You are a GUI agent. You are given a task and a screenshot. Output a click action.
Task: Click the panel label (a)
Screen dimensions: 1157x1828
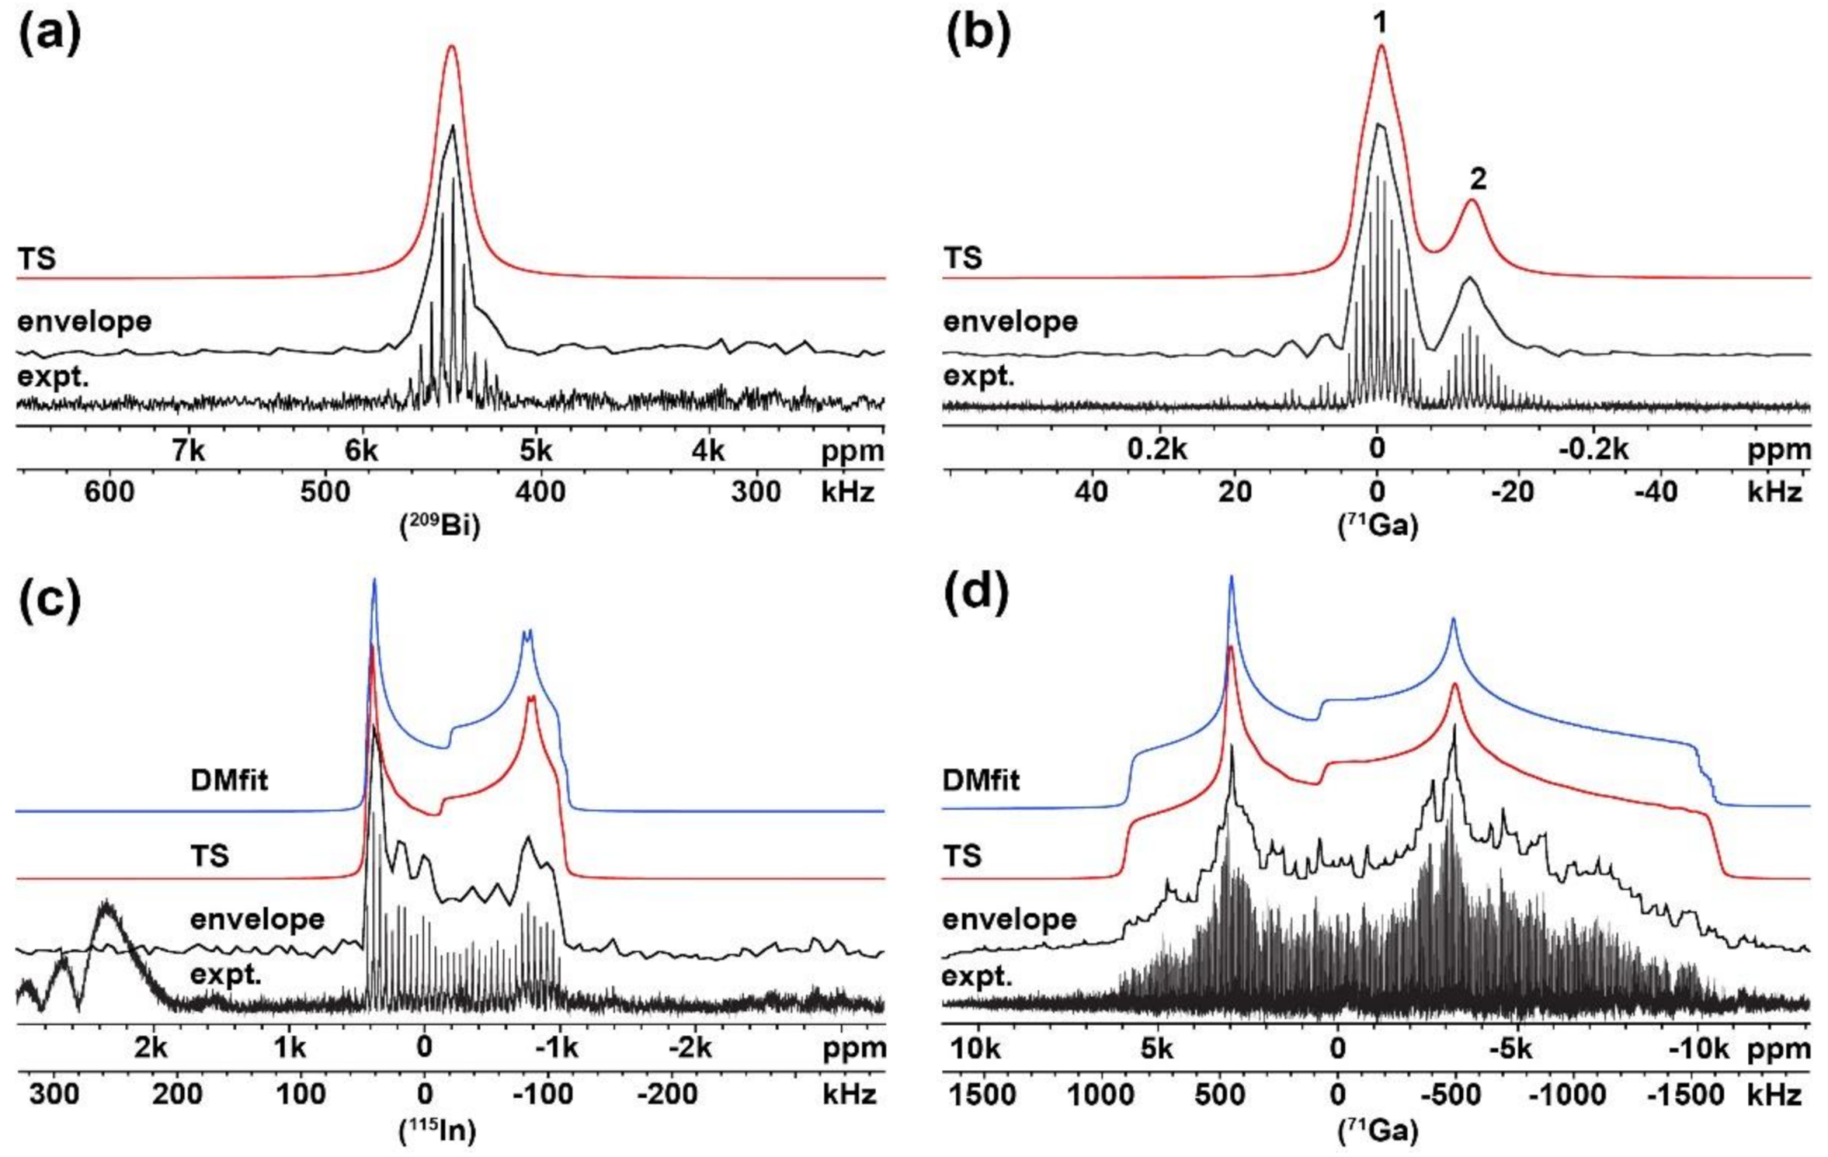tap(50, 35)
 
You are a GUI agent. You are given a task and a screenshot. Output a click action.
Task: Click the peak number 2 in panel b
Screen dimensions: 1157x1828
tap(1477, 179)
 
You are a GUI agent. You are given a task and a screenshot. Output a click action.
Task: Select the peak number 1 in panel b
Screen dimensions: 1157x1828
tap(1381, 23)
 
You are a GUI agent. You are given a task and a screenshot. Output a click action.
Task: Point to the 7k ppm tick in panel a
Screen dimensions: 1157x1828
tap(188, 450)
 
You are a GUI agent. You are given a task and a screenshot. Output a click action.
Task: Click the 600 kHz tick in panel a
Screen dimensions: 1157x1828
tap(109, 492)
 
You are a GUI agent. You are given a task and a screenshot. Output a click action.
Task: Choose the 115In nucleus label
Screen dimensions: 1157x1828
tap(437, 1130)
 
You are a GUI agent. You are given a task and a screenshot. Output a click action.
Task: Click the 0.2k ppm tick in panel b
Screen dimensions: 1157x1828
tap(1157, 450)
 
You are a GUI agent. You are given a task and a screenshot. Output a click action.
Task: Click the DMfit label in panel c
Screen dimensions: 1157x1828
tap(229, 780)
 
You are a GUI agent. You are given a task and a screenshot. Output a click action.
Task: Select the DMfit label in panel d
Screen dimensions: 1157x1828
tap(981, 780)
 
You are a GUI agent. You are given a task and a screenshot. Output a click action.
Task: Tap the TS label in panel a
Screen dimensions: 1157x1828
tap(36, 258)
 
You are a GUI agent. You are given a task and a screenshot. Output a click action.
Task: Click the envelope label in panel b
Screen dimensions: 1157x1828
tap(1010, 322)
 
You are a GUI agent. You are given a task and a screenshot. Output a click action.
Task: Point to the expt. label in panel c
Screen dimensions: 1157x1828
tap(226, 975)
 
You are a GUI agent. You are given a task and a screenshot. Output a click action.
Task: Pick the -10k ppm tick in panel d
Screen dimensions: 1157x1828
tap(1699, 1049)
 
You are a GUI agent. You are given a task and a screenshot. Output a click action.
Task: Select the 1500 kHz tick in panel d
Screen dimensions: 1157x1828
tap(982, 1094)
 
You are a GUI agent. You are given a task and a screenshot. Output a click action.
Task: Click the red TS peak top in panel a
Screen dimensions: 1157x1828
tap(451, 47)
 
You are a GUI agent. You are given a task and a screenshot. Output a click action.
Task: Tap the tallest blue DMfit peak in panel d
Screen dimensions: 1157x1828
tap(1231, 577)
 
